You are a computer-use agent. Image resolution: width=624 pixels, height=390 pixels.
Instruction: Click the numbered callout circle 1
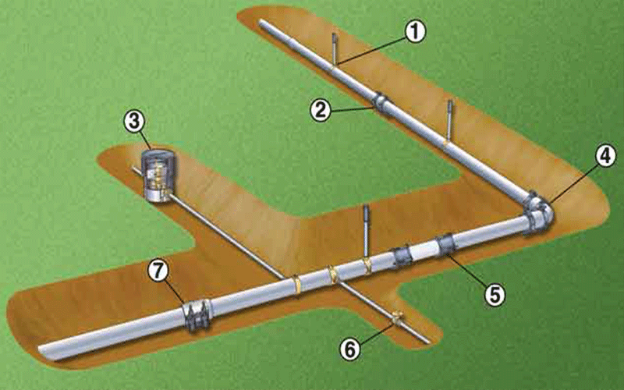click(x=415, y=31)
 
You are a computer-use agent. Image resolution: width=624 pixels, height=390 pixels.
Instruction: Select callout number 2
click(x=321, y=109)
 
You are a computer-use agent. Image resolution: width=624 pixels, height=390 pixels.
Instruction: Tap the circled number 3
click(x=134, y=122)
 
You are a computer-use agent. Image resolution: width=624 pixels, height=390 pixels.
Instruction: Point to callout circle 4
click(x=605, y=157)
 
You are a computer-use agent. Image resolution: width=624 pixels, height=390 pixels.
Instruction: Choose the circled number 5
click(x=495, y=295)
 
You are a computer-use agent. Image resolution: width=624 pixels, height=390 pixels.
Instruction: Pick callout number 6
click(x=350, y=349)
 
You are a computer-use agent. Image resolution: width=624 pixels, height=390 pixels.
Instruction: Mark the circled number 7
click(x=158, y=271)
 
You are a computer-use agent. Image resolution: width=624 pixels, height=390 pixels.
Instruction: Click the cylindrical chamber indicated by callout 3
click(x=158, y=174)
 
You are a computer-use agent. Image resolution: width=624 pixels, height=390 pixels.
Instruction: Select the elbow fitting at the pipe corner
click(x=538, y=213)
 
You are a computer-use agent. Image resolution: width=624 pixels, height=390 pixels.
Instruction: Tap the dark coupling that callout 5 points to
click(x=445, y=244)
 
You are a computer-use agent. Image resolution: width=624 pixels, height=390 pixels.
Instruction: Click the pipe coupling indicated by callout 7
click(x=197, y=315)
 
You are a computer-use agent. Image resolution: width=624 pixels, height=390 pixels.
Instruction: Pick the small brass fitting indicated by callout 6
click(x=396, y=318)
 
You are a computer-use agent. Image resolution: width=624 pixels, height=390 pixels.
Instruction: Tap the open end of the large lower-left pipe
click(x=43, y=353)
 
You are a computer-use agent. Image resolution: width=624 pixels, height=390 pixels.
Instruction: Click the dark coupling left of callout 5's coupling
click(x=402, y=255)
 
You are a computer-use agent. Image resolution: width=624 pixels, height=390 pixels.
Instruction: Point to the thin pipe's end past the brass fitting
click(x=427, y=341)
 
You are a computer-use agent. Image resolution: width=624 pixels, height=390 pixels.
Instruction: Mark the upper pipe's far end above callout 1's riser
click(x=261, y=23)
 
